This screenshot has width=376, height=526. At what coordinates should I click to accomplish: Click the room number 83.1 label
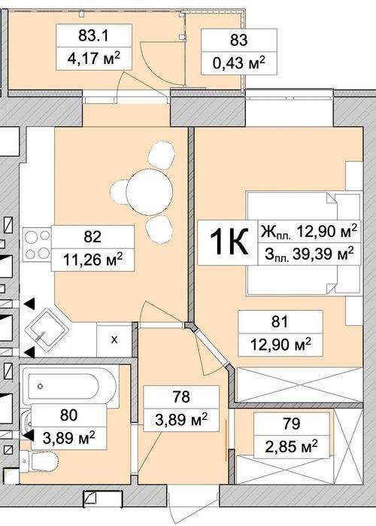pyautogui.click(x=93, y=35)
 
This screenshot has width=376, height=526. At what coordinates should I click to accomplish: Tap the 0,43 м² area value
pyautogui.click(x=239, y=63)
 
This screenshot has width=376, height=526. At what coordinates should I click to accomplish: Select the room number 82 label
pyautogui.click(x=92, y=237)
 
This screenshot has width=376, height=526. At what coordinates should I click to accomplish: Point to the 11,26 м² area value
pyautogui.click(x=92, y=260)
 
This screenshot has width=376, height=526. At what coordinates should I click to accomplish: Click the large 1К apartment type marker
pyautogui.click(x=229, y=242)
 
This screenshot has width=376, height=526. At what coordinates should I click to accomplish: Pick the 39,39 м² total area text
pyautogui.click(x=323, y=254)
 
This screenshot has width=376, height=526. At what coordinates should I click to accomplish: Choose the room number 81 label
pyautogui.click(x=280, y=322)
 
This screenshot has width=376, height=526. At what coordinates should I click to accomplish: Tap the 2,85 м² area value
pyautogui.click(x=291, y=446)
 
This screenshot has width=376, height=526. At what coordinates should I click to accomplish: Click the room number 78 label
pyautogui.click(x=181, y=397)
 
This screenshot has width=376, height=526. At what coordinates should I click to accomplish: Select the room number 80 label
pyautogui.click(x=68, y=415)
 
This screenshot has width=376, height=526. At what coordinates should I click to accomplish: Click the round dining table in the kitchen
pyautogui.click(x=150, y=192)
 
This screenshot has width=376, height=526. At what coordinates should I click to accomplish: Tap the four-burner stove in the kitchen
pyautogui.click(x=37, y=245)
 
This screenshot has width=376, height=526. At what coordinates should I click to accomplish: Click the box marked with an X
pyautogui.click(x=114, y=340)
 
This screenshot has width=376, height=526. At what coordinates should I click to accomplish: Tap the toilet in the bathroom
pyautogui.click(x=38, y=461)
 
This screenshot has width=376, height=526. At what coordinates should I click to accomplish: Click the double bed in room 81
pyautogui.click(x=304, y=244)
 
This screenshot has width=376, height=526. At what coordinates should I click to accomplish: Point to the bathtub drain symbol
pyautogui.click(x=41, y=386)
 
